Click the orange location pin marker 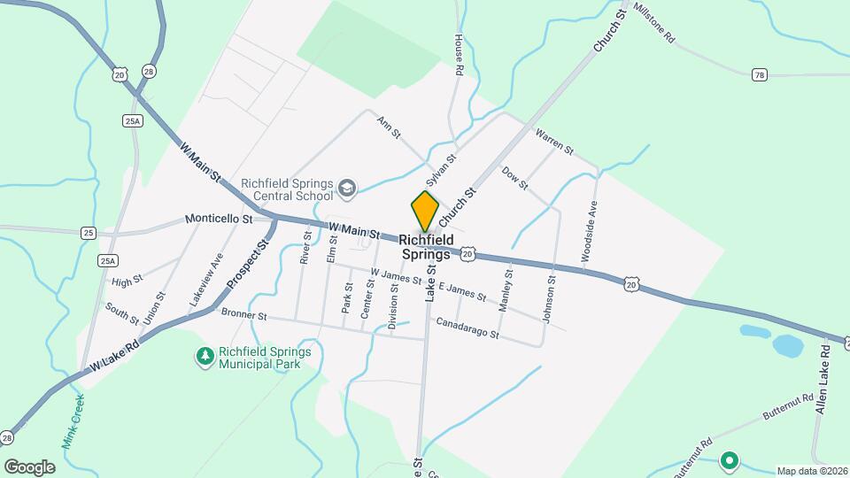click(426, 211)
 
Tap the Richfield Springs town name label click(426, 247)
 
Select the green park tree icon click(205, 357)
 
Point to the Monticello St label click(219, 219)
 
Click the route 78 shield click(758, 74)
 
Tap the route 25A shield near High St click(108, 260)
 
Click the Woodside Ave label click(589, 231)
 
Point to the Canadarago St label click(467, 328)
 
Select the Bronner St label click(244, 314)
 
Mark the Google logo click(29, 466)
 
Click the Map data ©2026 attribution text click(811, 471)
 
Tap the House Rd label click(459, 58)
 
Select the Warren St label click(555, 140)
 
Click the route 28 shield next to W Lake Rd click(8, 438)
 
